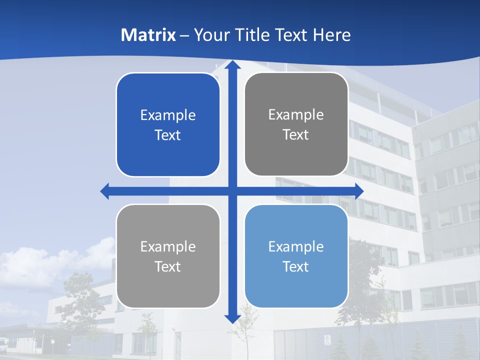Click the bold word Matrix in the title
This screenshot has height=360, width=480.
pos(148,35)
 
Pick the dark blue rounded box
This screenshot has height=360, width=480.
pos(168,124)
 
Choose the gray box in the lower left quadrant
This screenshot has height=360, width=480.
pos(168,256)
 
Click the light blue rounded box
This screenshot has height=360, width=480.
pos(296,256)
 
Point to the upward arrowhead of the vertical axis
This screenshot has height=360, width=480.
pos(232,65)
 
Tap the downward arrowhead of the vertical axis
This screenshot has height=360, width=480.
pos(232,318)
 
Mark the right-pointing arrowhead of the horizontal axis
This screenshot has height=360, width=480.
pos(358,191)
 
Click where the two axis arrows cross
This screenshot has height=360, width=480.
pos(232,191)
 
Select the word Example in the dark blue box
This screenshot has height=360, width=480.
pos(168,115)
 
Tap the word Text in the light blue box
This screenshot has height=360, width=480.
pos(296,266)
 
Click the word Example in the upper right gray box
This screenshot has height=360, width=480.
pos(296,114)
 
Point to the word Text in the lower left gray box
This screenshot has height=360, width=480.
pos(168,266)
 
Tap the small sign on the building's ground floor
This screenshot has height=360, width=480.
pos(327,340)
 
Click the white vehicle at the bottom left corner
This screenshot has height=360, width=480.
pos(3,343)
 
